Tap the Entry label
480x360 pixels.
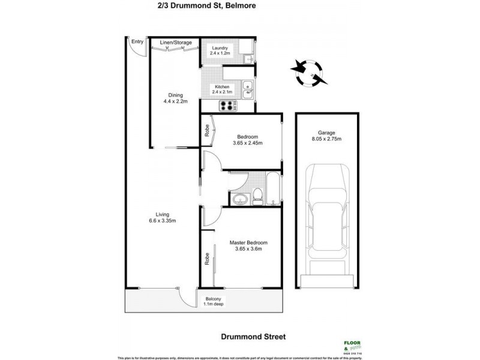(137, 41)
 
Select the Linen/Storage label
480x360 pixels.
(175, 42)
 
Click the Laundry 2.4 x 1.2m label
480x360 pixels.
(220, 50)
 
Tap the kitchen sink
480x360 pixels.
(248, 90)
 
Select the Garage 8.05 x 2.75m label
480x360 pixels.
(326, 136)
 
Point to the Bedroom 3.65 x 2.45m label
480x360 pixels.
(248, 140)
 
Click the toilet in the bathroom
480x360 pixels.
(257, 196)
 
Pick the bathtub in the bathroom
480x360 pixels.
(272, 190)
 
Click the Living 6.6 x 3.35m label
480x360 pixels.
(163, 217)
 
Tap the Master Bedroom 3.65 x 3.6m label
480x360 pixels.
(248, 246)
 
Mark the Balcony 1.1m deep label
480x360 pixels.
(213, 301)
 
